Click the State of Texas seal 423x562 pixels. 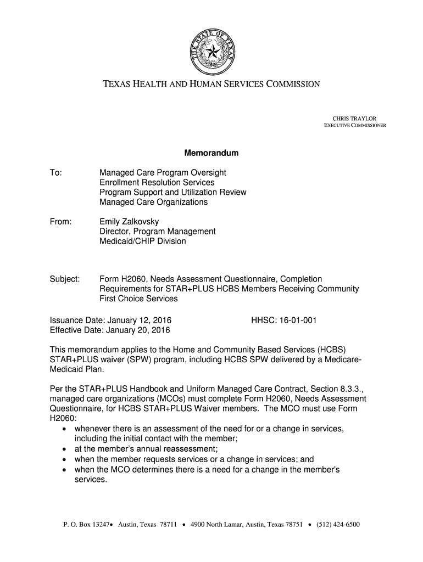pos(211,53)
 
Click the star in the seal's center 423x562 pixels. pos(211,53)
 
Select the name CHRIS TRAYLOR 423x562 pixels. pos(361,119)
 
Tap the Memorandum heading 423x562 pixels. pos(211,153)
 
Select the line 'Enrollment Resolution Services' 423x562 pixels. pos(157,183)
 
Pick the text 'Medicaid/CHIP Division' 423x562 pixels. pos(143,241)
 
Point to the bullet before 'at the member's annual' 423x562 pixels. pos(65,449)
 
